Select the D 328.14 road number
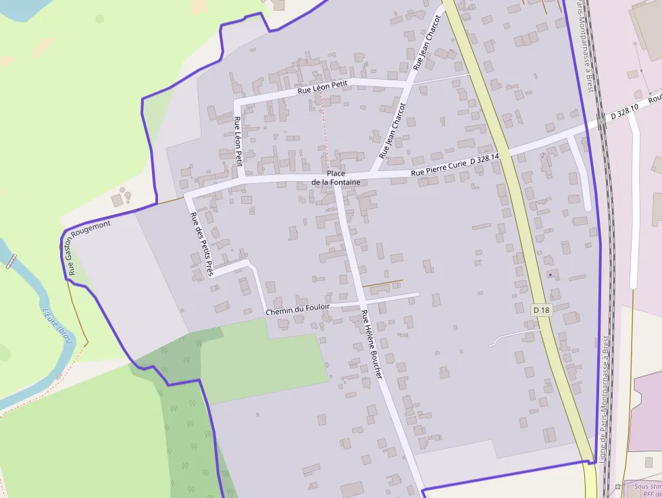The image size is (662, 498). [x=484, y=158]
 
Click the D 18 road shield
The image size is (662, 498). [x=542, y=309]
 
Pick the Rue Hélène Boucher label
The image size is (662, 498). [x=372, y=343]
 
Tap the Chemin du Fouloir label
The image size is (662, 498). [x=298, y=310]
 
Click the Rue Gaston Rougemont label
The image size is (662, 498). [x=88, y=247]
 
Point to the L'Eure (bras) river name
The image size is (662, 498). [x=57, y=325]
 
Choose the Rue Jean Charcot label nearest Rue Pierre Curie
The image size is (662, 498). [x=392, y=130]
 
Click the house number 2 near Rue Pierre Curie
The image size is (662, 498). [x=543, y=155]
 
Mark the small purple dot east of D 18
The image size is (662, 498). [x=550, y=274]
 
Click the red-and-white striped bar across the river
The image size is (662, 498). [x=10, y=262]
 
